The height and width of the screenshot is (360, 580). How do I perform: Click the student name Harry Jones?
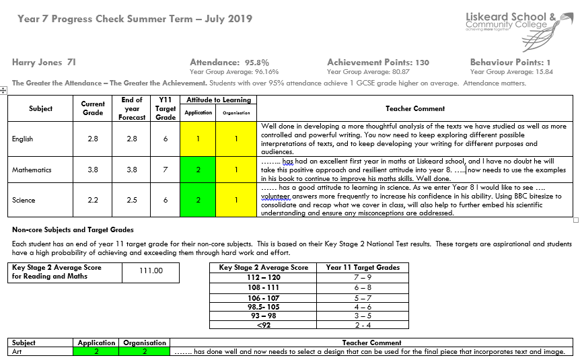tap(44, 63)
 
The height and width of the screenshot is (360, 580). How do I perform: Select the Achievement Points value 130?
tap(422, 63)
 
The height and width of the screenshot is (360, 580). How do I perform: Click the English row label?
tap(22, 139)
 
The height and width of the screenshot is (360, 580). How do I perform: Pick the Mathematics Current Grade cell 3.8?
tap(93, 170)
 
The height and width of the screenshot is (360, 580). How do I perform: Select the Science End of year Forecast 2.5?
tap(133, 201)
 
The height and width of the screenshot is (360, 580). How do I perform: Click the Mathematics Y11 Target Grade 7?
tap(166, 170)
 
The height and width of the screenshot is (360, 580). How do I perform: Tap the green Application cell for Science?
tap(198, 201)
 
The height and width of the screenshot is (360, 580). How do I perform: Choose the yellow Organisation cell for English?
tap(237, 139)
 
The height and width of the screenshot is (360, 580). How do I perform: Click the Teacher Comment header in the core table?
tap(415, 108)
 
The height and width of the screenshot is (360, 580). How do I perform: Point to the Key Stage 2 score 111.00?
tap(151, 271)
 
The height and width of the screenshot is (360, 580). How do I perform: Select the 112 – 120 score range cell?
tap(264, 277)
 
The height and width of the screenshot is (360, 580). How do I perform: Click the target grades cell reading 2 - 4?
tap(363, 325)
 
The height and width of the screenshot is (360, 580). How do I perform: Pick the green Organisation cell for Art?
tap(145, 351)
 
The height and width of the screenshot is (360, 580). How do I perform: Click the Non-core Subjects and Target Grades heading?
tap(73, 230)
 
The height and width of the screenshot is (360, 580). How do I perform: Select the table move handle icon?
tap(4, 89)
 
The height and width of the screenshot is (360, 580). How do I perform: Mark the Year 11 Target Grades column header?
tap(363, 267)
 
